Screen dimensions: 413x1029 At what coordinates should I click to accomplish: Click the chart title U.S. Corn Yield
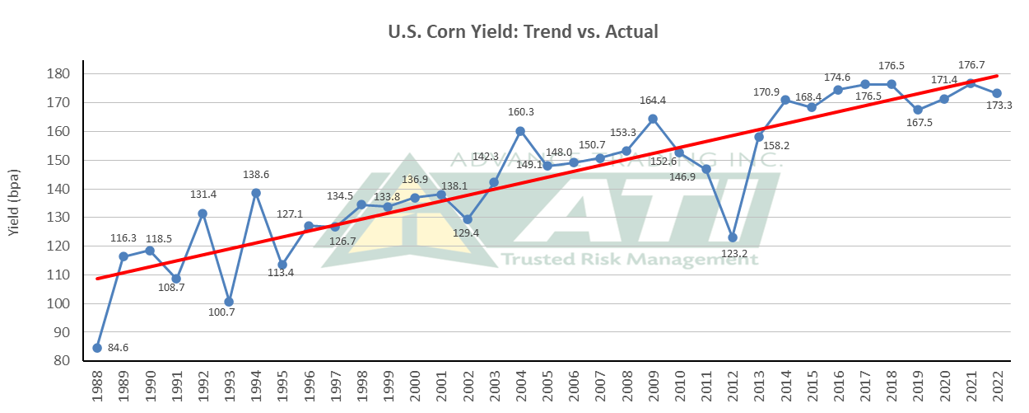coord(523,32)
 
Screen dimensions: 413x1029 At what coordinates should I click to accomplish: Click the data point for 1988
coord(97,348)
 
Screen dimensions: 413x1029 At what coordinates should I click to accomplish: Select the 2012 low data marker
coord(733,237)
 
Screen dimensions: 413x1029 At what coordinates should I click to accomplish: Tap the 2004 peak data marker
coord(520,131)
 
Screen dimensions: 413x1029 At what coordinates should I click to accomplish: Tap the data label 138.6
coord(257,176)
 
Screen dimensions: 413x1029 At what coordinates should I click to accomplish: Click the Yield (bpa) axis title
coord(15,203)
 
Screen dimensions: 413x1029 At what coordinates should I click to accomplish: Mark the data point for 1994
coord(256,193)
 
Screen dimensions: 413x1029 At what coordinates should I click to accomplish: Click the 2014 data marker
coord(785,100)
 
